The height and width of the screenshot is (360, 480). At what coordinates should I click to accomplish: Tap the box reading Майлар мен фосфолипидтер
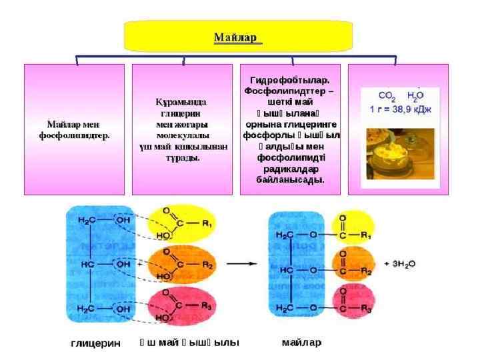pyautogui.click(x=74, y=129)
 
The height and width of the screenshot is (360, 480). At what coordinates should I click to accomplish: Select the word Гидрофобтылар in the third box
pyautogui.click(x=289, y=79)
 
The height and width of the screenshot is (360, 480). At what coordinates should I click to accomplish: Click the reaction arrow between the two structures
pyautogui.click(x=241, y=265)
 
